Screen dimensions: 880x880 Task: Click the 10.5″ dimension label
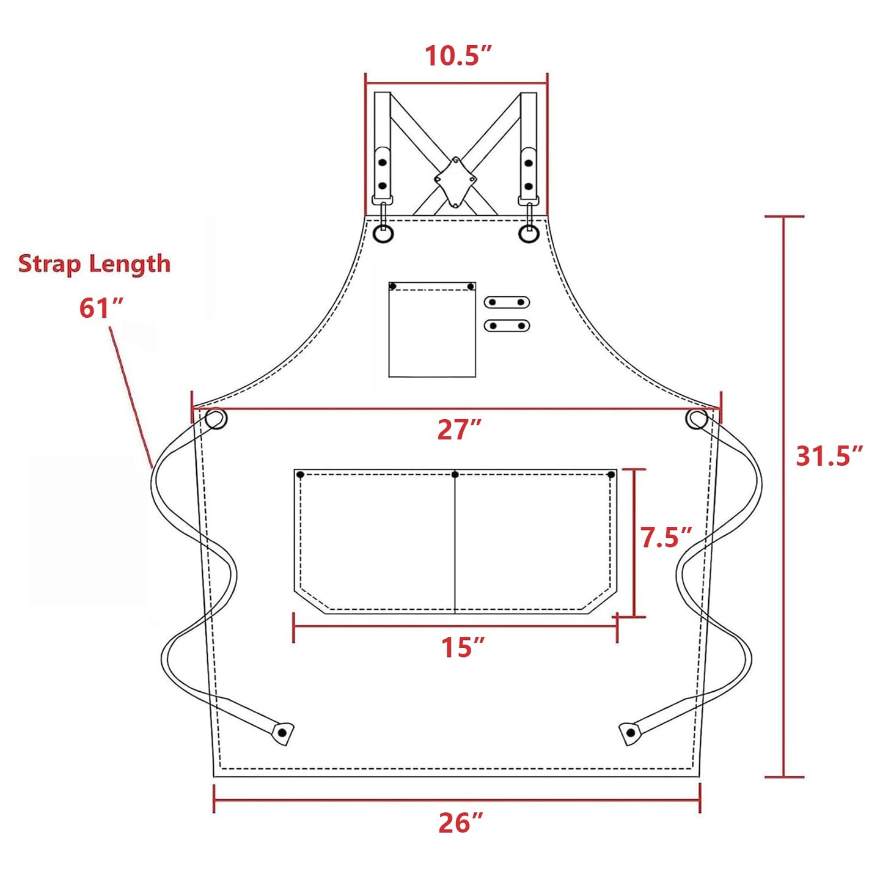point(458,56)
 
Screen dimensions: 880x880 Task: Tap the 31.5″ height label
point(829,456)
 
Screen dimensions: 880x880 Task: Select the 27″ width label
point(459,430)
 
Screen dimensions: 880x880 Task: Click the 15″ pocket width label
point(462,647)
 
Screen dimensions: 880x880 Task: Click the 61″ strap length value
point(101,308)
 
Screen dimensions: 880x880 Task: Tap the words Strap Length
point(94,265)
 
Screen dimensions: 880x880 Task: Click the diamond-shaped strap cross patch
point(455,182)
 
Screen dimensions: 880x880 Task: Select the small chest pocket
point(432,329)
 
